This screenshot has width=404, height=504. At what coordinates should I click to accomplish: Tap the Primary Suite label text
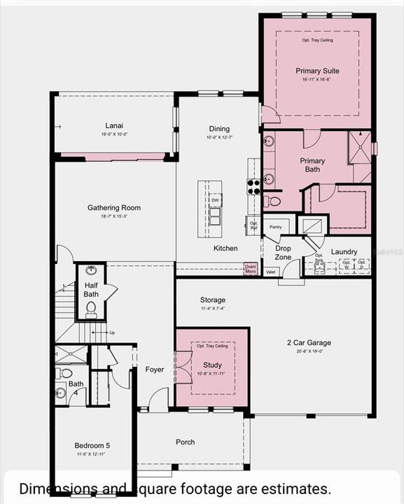(317, 71)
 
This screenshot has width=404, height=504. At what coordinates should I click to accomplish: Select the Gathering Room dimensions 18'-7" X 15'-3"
(113, 216)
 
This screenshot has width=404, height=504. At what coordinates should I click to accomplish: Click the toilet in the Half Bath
(91, 309)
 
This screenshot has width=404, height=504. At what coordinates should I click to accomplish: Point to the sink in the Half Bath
(91, 270)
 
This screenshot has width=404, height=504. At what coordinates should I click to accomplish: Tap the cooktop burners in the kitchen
(253, 186)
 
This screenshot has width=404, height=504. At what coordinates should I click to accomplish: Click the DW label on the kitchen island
(216, 201)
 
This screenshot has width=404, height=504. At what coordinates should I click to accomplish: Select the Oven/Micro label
(250, 268)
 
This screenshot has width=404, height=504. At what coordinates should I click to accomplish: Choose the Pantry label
(276, 227)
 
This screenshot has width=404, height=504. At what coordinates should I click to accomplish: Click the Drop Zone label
(283, 253)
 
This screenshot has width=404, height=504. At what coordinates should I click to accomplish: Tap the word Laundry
(344, 252)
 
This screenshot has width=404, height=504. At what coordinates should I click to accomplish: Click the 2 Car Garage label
(309, 343)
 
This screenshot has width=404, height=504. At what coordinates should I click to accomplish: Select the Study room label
(212, 365)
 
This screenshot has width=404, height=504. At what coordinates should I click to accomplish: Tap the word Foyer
(155, 370)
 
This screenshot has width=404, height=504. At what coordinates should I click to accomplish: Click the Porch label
(186, 442)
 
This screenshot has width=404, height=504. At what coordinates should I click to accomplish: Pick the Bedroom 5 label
(92, 446)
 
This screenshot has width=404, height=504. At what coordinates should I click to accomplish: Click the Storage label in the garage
(212, 300)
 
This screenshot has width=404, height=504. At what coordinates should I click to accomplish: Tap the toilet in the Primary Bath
(272, 202)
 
